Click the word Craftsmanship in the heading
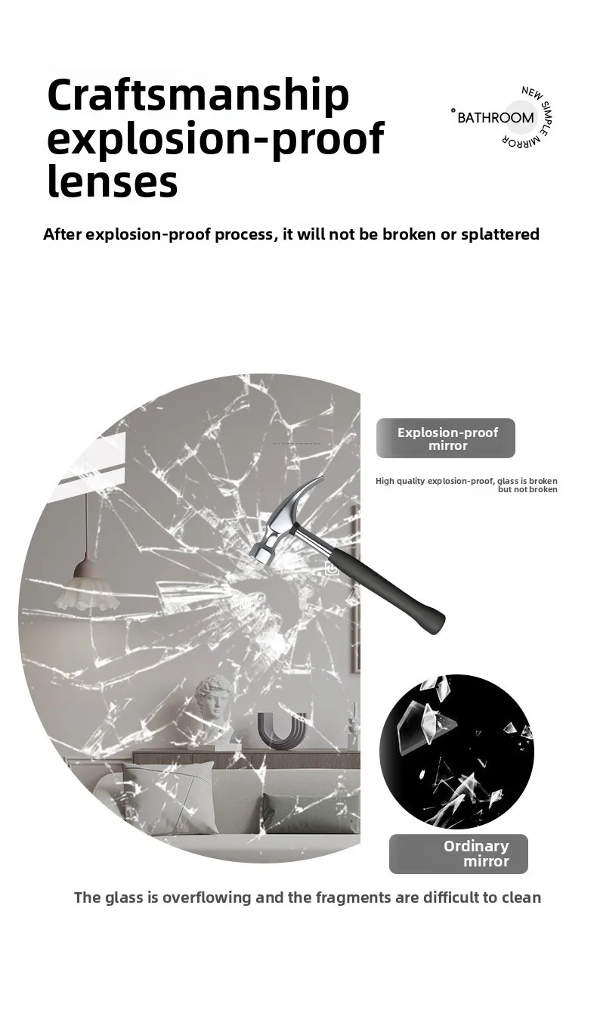(x=198, y=95)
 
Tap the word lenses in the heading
(x=112, y=182)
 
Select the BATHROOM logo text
(x=495, y=117)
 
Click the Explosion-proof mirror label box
(x=446, y=439)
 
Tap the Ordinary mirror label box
(x=459, y=854)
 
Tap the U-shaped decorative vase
(x=281, y=730)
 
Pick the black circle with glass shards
(x=456, y=752)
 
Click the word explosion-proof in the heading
(x=215, y=139)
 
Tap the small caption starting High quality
(x=466, y=485)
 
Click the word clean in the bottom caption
(x=521, y=897)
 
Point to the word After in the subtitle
(x=62, y=234)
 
